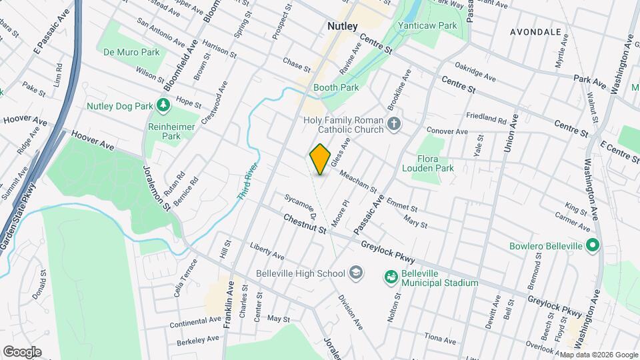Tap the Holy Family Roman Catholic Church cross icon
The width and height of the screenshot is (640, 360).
point(394,123)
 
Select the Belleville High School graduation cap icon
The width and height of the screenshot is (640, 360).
point(356,273)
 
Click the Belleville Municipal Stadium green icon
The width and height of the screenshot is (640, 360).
point(391,276)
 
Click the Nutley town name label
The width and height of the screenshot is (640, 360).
point(343,26)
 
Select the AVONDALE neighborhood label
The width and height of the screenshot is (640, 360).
point(535,32)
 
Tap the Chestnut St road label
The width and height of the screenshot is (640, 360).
point(304,223)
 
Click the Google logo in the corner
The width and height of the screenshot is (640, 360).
point(22,351)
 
